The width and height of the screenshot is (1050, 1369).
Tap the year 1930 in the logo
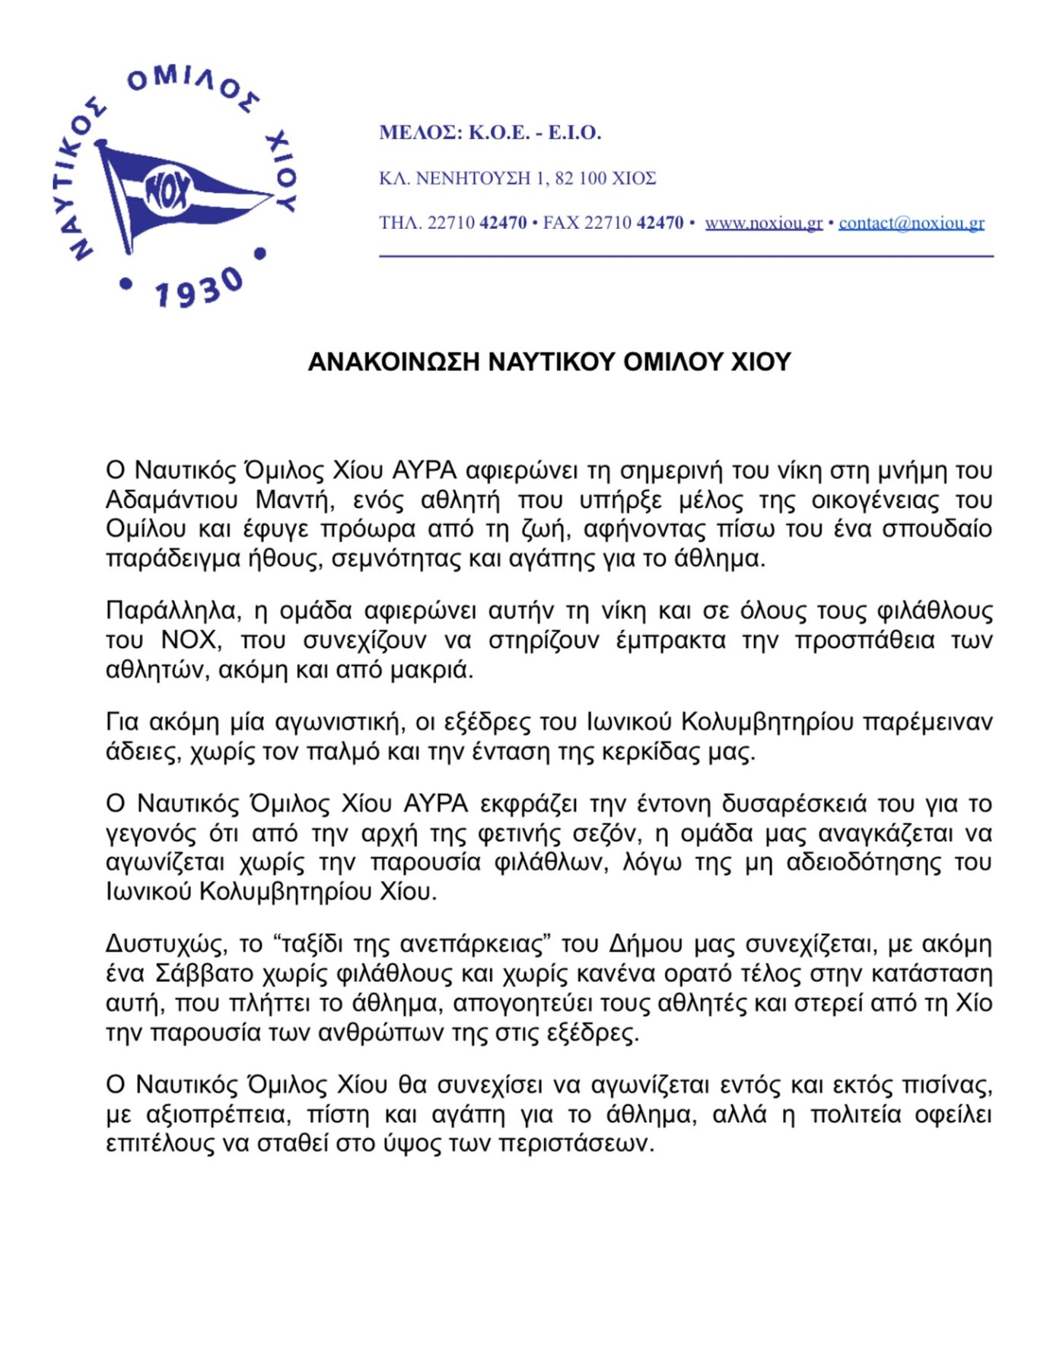pos(198,290)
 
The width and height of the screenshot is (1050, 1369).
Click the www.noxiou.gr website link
pos(763,223)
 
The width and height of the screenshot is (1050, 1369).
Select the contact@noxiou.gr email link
pos(912,223)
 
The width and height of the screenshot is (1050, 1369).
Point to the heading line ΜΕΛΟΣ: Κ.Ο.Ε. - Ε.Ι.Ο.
pos(490,133)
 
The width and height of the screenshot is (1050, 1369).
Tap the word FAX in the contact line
pos(561,223)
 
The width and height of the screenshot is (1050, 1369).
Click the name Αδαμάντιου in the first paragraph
pos(172,500)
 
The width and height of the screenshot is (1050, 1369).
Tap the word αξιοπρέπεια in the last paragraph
pos(218,1115)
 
